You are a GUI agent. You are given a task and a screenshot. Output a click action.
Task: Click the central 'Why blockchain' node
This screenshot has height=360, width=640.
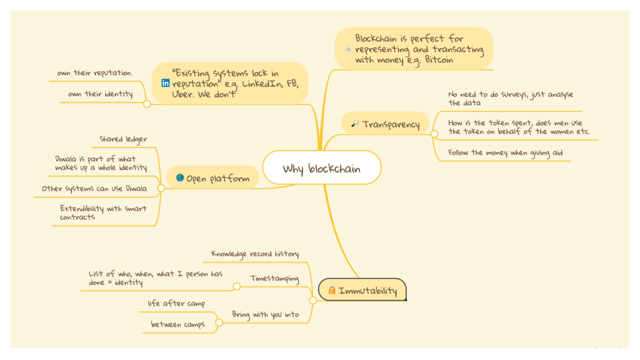[321, 169]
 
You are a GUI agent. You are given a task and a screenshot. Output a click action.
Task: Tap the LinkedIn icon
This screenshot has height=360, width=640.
[165, 83]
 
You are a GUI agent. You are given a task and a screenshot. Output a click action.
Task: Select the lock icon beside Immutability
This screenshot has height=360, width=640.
[331, 291]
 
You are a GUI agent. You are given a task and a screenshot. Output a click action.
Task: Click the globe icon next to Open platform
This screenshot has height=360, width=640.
[180, 178]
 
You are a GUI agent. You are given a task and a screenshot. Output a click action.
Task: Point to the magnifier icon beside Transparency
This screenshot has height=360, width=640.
[355, 124]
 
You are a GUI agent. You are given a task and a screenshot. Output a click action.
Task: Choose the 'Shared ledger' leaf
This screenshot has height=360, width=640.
[123, 139]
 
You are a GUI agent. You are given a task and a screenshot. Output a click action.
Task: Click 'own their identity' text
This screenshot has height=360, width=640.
[100, 94]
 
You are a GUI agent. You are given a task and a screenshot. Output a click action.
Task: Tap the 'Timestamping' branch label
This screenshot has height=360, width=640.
[275, 278]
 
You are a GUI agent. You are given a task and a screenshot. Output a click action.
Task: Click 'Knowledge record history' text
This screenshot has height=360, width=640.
[255, 254]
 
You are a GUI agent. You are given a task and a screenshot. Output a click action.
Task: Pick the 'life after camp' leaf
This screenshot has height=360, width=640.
[176, 304]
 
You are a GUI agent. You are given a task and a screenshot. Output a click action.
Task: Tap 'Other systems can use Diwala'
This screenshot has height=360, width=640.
[94, 189]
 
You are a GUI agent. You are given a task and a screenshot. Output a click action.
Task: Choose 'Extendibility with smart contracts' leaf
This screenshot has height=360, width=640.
[103, 213]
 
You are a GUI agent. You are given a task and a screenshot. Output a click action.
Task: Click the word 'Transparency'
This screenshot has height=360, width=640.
[391, 124]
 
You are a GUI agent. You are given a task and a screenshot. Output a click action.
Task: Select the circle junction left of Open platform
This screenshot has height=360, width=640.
[160, 189]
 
